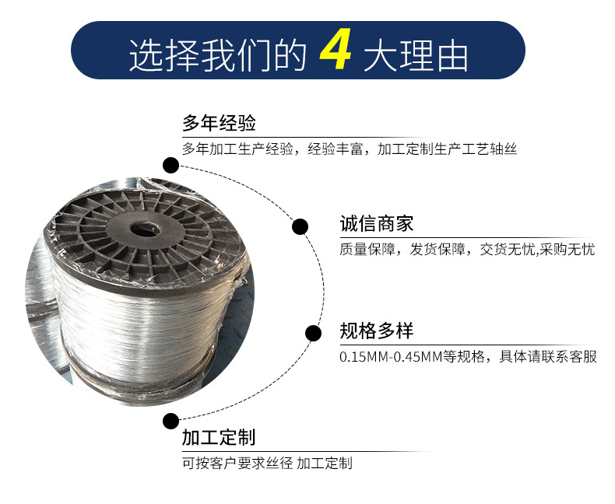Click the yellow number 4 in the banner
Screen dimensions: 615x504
336,51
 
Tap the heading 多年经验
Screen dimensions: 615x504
219,123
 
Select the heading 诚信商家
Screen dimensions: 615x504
377,224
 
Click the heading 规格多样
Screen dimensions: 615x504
377,331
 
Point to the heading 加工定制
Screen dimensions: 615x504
219,437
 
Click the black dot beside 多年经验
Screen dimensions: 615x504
171,165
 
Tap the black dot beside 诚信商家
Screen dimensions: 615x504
300,226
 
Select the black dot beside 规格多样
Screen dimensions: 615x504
314,333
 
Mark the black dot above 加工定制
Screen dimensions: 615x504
171,421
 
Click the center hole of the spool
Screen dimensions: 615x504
145,229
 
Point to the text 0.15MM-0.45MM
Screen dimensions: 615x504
391,357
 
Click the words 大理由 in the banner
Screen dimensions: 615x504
416,55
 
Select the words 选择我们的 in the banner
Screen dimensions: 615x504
218,55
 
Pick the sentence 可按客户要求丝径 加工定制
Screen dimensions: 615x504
267,464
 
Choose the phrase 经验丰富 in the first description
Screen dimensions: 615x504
336,149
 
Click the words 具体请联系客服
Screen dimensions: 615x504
548,357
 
